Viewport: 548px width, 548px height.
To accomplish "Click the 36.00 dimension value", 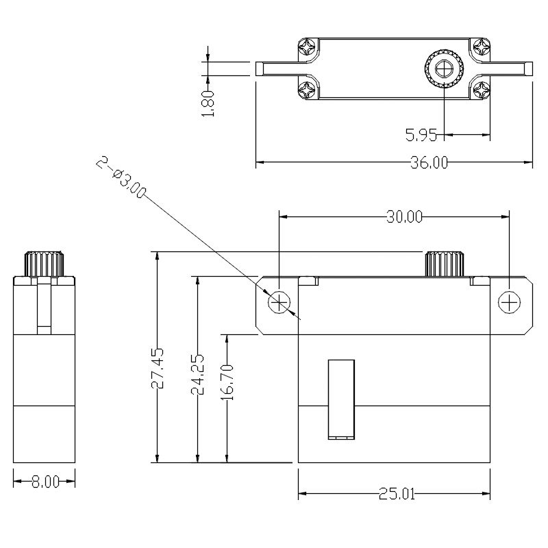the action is (x=429, y=163).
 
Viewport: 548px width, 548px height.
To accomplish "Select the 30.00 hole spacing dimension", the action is (x=404, y=217).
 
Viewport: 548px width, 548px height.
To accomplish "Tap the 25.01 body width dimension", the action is (x=397, y=494).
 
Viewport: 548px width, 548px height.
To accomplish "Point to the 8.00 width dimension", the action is (x=45, y=483).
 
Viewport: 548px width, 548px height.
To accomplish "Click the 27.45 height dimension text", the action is (x=158, y=369).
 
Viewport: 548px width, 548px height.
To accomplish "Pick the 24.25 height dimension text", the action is (x=197, y=374).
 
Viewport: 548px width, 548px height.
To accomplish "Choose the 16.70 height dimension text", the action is (x=227, y=382).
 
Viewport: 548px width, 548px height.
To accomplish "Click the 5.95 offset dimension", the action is (x=421, y=134).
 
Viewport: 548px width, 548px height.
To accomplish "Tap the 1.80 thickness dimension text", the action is (x=208, y=103).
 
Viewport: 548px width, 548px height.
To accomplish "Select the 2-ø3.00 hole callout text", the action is (x=121, y=178).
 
